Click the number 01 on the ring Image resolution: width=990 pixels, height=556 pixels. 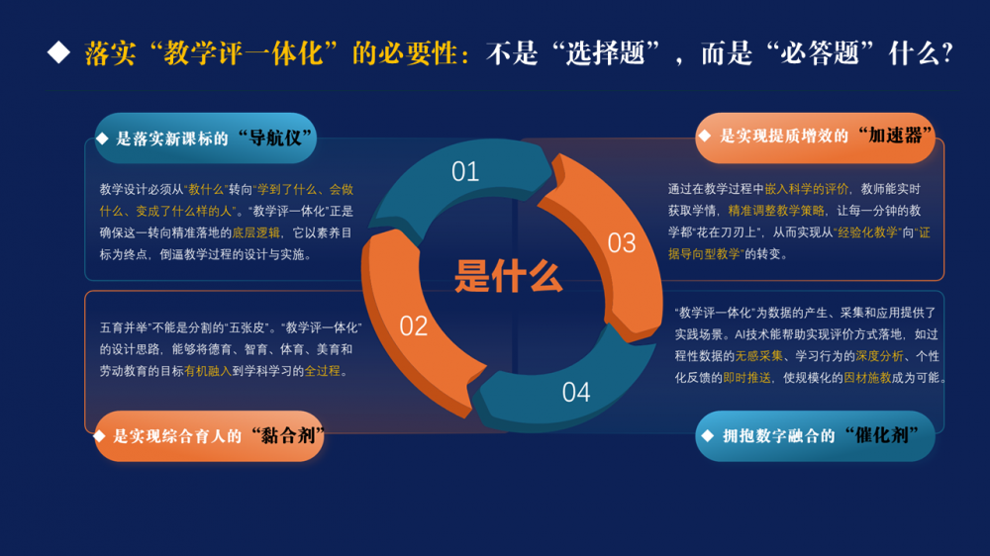(465, 172)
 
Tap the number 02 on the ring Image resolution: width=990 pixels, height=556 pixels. (414, 326)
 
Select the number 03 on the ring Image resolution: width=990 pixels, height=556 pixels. (622, 243)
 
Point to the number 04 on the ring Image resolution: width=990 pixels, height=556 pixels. (576, 393)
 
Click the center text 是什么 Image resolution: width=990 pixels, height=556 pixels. (508, 276)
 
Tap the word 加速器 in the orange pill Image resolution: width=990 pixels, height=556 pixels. (895, 136)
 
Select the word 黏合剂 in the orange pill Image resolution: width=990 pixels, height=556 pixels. (288, 435)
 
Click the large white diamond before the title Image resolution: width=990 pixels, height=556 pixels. (58, 52)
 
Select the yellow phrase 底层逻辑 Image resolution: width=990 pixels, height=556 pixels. (255, 232)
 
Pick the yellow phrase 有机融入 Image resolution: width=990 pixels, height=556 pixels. (208, 371)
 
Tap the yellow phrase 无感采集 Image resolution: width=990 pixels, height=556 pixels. (759, 356)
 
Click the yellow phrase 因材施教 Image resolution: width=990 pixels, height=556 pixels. (867, 378)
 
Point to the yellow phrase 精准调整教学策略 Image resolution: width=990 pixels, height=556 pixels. (776, 211)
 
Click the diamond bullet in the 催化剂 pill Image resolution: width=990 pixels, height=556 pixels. (707, 435)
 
